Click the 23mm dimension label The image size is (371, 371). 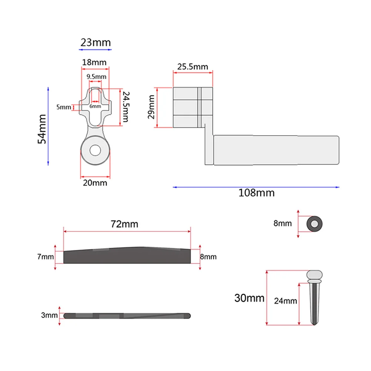click(x=96, y=43)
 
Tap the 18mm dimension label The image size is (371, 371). click(x=94, y=62)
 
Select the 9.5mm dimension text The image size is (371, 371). click(x=96, y=77)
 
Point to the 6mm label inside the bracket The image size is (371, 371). click(x=96, y=106)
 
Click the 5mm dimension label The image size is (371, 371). click(x=63, y=107)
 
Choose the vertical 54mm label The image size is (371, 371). click(x=43, y=128)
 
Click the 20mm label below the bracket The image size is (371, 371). click(x=95, y=183)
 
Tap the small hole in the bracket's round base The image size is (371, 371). click(x=95, y=150)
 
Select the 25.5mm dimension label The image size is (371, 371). click(x=193, y=67)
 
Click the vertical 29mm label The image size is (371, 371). click(x=151, y=107)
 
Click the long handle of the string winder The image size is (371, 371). click(x=276, y=150)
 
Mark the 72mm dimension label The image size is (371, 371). click(x=125, y=224)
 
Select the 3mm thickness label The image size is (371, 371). click(x=49, y=315)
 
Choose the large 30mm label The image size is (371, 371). click(x=249, y=298)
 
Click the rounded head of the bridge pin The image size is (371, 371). click(x=314, y=275)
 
